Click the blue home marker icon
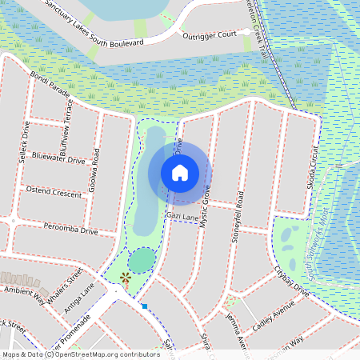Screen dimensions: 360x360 179,172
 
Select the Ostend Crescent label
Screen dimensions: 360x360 54,194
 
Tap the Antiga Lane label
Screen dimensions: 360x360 79,299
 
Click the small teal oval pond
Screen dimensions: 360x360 142,259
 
